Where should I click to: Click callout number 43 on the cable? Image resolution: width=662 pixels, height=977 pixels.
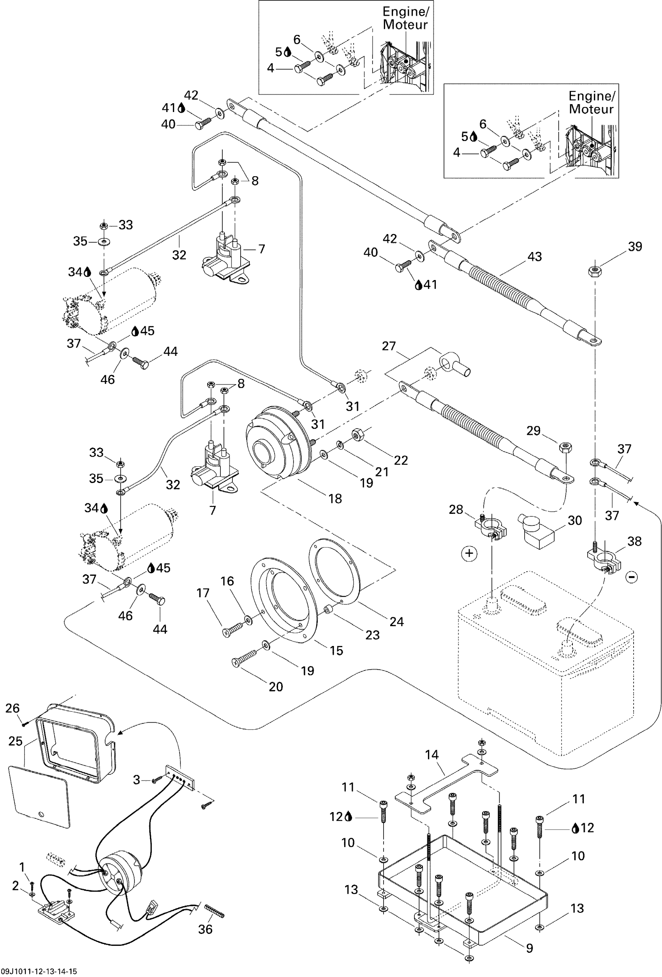tap(535, 257)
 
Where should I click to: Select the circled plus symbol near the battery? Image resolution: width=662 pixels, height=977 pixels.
tap(469, 553)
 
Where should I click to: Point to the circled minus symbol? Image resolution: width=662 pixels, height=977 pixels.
tap(632, 577)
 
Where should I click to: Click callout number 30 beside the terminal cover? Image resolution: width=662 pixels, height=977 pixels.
tap(575, 520)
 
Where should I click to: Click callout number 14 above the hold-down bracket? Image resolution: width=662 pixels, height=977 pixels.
tap(432, 755)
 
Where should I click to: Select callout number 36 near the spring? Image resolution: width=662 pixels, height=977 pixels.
tap(205, 929)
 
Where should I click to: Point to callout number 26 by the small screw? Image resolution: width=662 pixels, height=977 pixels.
tap(12, 708)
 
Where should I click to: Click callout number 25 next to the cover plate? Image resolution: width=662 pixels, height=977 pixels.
tap(16, 741)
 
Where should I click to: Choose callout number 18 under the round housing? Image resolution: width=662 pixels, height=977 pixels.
tap(335, 499)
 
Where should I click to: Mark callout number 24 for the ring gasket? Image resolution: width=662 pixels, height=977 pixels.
tap(396, 622)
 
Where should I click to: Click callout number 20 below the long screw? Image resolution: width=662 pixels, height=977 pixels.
tap(276, 686)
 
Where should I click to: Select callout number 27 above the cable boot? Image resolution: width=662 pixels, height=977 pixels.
tap(389, 346)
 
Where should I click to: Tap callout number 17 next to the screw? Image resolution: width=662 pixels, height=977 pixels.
tap(203, 593)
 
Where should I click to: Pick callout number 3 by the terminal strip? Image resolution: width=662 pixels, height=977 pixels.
tap(136, 780)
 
